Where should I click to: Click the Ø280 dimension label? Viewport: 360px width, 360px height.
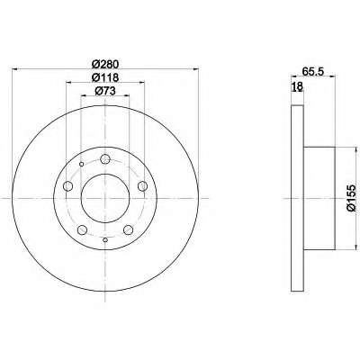point(105,64)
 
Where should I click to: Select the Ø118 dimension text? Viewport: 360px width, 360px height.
point(105,77)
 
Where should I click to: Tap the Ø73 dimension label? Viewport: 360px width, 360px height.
point(105,91)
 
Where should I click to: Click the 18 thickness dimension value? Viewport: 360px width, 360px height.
point(297,86)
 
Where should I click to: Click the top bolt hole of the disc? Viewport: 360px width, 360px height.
point(105,159)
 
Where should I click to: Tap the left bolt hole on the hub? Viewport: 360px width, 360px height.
point(68,186)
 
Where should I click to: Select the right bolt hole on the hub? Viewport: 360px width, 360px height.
point(142,186)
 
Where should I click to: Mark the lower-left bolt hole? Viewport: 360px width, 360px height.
point(82,230)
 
